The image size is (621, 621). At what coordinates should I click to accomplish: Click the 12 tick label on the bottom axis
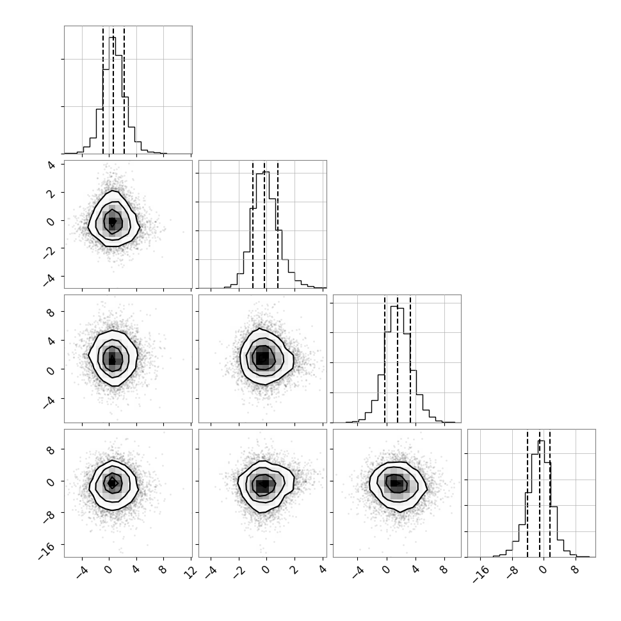[x=191, y=572]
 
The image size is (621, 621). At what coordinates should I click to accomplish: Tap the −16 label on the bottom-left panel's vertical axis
[x=46, y=551]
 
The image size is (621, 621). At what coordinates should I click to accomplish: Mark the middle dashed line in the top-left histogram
[x=113, y=90]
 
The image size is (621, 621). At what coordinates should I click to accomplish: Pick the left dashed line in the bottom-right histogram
[x=528, y=493]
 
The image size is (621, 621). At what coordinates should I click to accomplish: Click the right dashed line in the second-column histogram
[x=278, y=224]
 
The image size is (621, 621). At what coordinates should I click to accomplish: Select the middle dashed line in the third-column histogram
[x=398, y=359]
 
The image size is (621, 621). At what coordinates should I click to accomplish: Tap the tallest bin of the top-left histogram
[x=113, y=95]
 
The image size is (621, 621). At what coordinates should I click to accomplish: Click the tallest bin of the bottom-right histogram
[x=541, y=499]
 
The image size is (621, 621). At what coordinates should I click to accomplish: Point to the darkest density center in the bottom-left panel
[x=112, y=483]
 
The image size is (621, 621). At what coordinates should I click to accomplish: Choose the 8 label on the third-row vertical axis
[x=51, y=312]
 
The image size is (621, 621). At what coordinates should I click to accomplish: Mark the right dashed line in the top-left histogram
[x=124, y=90]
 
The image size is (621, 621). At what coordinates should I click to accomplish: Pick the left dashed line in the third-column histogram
[x=385, y=359]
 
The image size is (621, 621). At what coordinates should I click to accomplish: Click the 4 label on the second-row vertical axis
[x=51, y=165]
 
